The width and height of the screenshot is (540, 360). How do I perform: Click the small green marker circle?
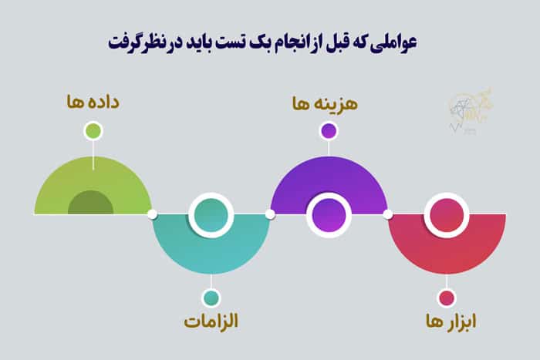pos(93,130)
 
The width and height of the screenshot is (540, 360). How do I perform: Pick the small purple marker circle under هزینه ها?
pos(329,130)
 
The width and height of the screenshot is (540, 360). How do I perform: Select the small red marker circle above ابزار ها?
pos(447,298)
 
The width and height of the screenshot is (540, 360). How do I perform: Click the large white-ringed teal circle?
pos(211,214)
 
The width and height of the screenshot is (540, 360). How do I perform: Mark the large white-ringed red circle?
pos(447,214)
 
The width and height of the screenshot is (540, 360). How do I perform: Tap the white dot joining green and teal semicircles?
pos(152,214)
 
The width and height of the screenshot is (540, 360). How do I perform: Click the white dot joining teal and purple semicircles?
pos(270,214)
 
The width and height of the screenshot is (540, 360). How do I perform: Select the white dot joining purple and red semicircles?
pos(387,214)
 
